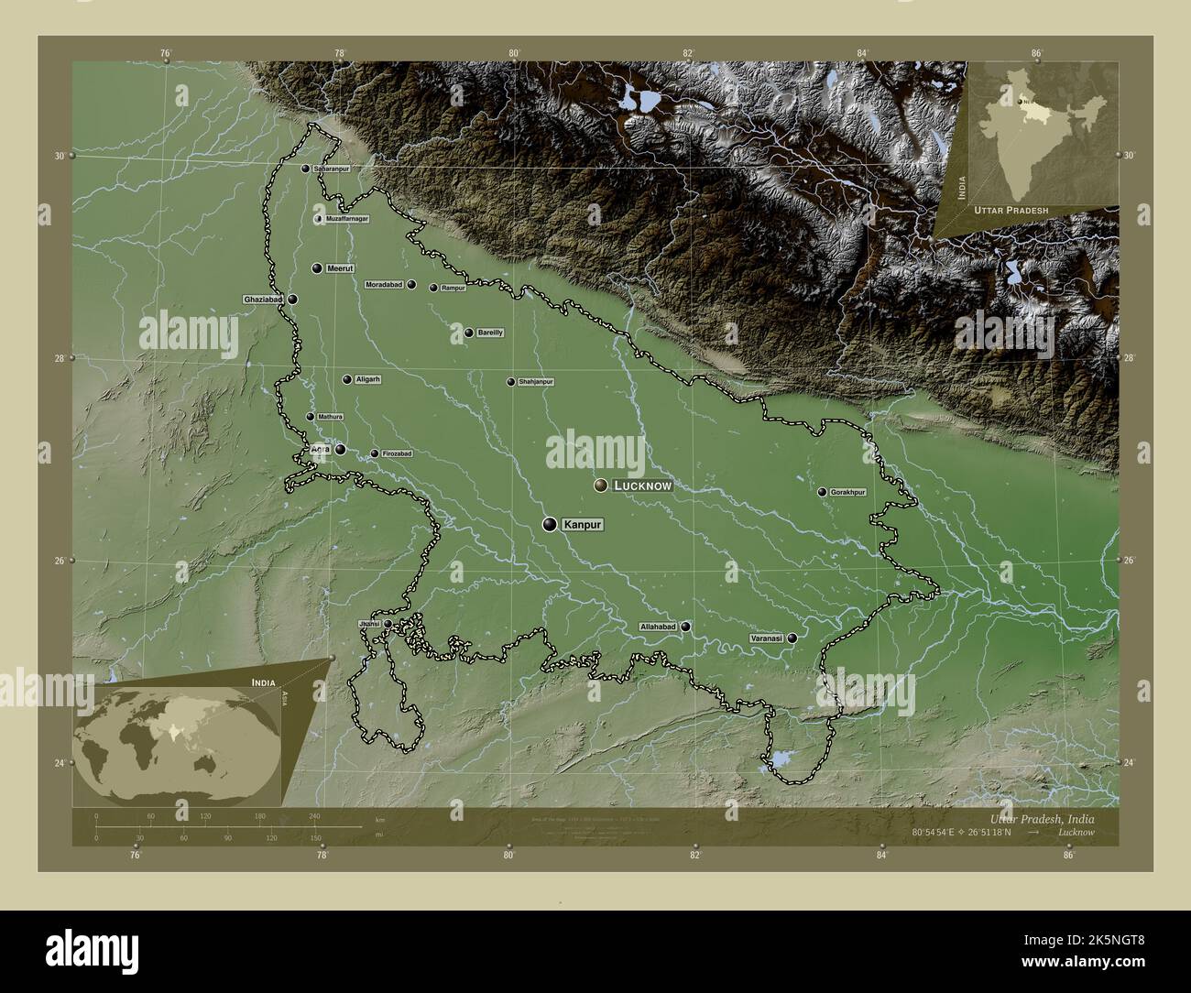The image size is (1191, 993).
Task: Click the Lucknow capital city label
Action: coord(643,486)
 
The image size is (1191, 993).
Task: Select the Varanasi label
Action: coord(767,638)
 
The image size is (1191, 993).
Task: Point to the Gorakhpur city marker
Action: coord(823,492)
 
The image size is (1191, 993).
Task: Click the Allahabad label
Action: coord(658,627)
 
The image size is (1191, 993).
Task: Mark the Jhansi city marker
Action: coord(388,624)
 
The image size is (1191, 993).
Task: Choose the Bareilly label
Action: coord(490,333)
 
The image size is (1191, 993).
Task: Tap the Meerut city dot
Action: coord(317,268)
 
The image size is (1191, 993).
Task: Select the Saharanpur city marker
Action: coord(305,169)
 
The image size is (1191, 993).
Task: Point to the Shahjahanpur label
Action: coord(536,381)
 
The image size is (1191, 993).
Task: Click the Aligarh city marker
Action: coord(347,379)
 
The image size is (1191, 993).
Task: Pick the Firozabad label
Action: coord(397,453)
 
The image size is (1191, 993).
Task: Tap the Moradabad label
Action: coord(384,285)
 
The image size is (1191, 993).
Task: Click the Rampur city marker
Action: coord(433,288)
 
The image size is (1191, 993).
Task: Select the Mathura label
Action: coord(331,417)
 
